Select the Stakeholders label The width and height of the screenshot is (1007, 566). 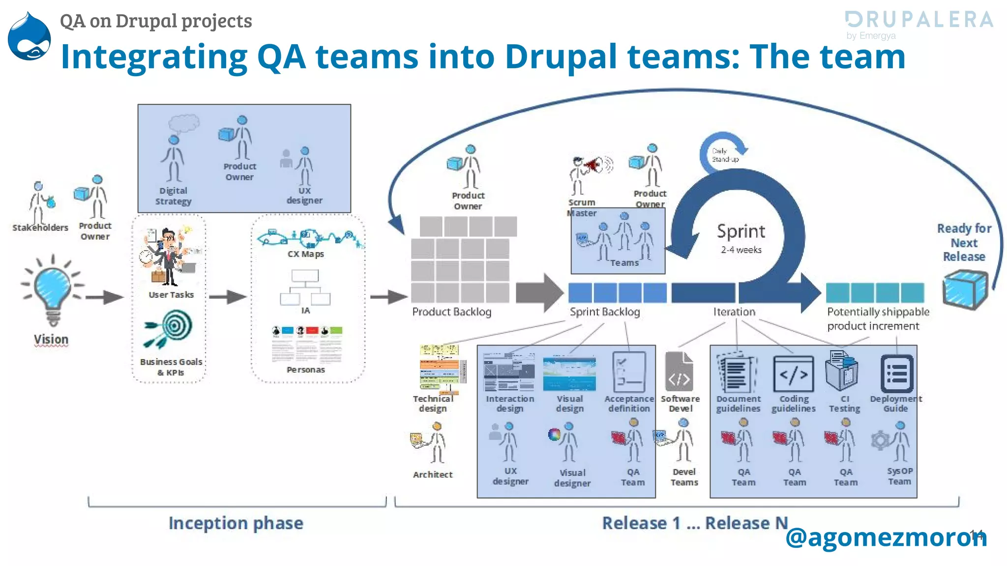coord(40,227)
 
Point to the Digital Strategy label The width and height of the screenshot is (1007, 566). coord(173,196)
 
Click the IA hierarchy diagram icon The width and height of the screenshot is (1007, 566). coord(305,287)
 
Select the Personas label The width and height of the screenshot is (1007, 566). coord(306,369)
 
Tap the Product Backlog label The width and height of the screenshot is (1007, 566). coord(451,312)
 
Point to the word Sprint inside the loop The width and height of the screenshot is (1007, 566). coord(741,231)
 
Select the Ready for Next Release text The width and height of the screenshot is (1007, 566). coord(964,242)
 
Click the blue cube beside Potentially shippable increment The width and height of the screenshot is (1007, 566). coord(964,290)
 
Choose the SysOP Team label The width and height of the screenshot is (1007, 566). coord(899,476)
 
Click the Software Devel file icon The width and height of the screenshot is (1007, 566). coord(679,372)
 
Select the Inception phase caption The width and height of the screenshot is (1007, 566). coord(236,523)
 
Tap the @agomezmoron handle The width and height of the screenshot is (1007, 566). coord(885,537)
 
